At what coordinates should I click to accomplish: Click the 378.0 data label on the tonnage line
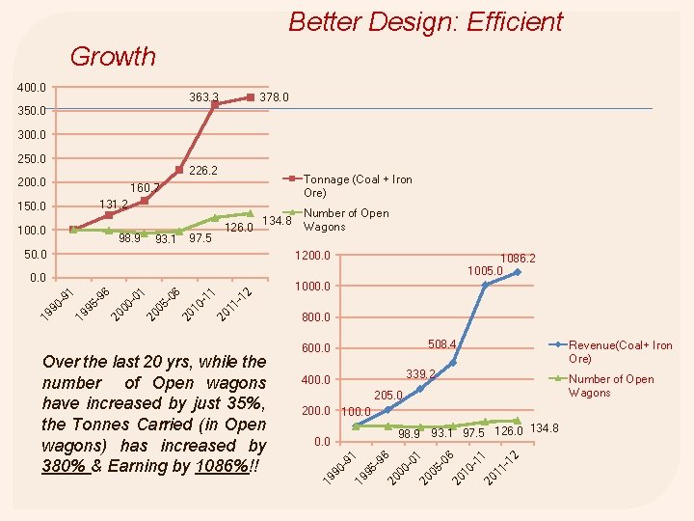(x=274, y=97)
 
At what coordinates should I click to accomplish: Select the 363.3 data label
(x=203, y=97)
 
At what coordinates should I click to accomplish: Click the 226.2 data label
(x=203, y=171)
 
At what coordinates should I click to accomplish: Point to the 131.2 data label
(x=115, y=205)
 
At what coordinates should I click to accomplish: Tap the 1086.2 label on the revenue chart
(x=518, y=259)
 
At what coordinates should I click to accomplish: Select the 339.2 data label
(x=420, y=373)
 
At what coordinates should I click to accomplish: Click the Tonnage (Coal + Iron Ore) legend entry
(x=358, y=185)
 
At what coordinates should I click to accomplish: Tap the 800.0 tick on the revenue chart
(x=315, y=317)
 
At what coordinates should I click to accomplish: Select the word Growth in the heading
(x=113, y=56)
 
